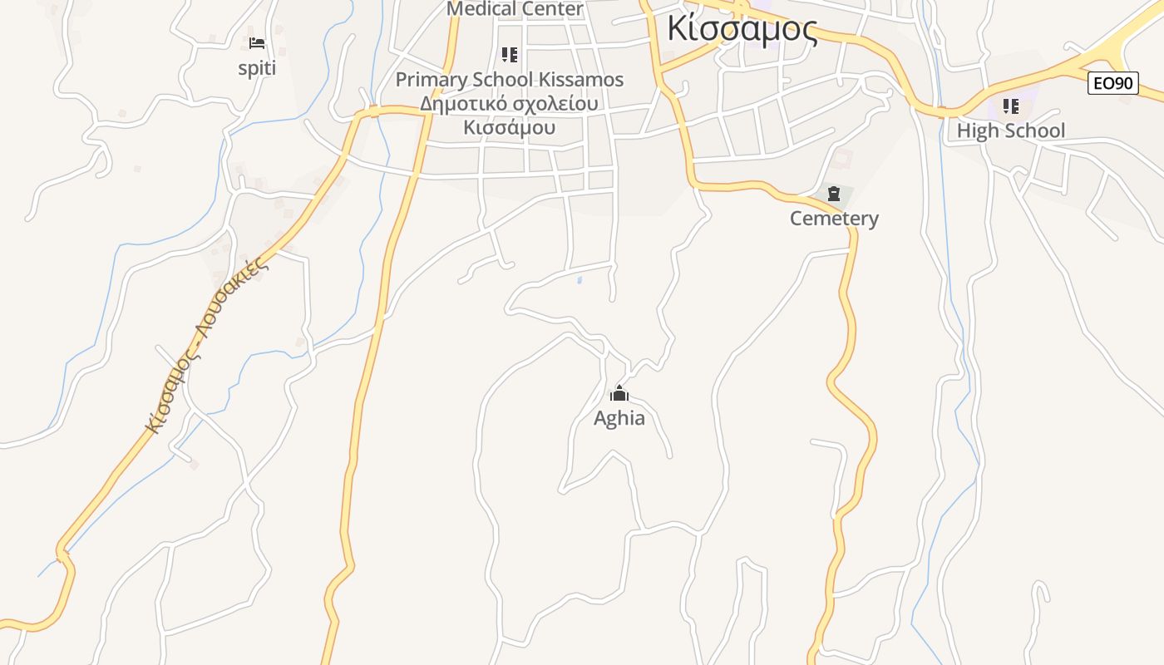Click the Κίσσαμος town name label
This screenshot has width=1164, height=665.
tap(742, 29)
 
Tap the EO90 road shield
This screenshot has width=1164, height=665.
tap(1112, 83)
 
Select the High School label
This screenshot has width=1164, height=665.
tap(1010, 131)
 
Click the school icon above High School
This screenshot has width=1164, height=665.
tap(1010, 106)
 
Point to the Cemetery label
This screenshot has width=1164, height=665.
tap(834, 219)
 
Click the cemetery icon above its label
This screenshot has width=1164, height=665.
tap(834, 195)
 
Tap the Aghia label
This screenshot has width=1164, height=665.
tap(619, 418)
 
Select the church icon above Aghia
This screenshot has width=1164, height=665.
tap(619, 394)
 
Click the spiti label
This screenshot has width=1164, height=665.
tap(257, 68)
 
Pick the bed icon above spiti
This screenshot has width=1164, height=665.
tap(257, 43)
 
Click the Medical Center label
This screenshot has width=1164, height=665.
tap(515, 9)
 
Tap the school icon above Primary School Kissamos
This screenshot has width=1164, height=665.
tap(510, 56)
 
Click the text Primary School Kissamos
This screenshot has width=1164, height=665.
tap(509, 80)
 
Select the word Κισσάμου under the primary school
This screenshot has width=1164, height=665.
tap(509, 128)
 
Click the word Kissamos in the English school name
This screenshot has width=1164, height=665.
tap(581, 80)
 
